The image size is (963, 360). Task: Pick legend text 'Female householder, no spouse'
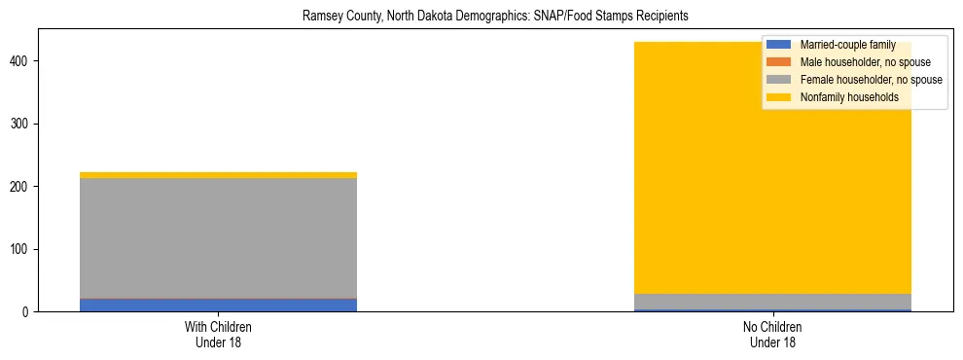[x=871, y=80]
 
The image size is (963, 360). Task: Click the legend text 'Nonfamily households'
[x=849, y=97]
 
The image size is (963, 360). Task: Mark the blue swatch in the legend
[x=779, y=45]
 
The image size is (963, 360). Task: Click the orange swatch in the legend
[x=779, y=62]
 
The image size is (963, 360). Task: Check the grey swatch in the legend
[x=779, y=80]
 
